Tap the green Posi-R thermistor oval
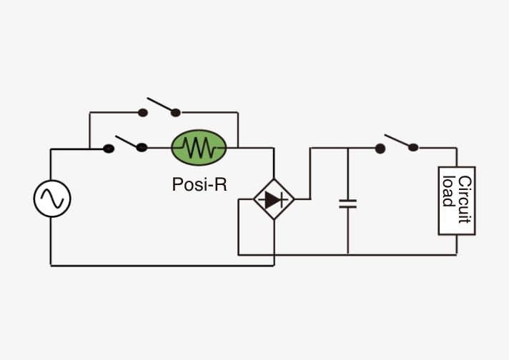tap(199, 148)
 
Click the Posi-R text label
tap(199, 184)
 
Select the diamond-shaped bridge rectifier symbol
tap(274, 199)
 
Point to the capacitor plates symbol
tap(347, 204)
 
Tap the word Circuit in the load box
tap(464, 199)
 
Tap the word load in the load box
tap(448, 191)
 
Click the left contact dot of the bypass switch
tap(143, 113)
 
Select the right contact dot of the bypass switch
tap(176, 113)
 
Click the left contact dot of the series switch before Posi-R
tap(109, 149)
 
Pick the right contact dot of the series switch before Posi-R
tap(142, 148)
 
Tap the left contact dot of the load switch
tap(380, 149)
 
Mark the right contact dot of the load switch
tap(413, 148)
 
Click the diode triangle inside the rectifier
tap(272, 199)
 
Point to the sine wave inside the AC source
tap(52, 199)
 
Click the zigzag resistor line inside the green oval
tap(199, 148)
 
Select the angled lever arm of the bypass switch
tap(160, 104)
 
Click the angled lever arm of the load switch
tap(397, 141)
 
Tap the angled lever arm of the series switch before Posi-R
tap(127, 141)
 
